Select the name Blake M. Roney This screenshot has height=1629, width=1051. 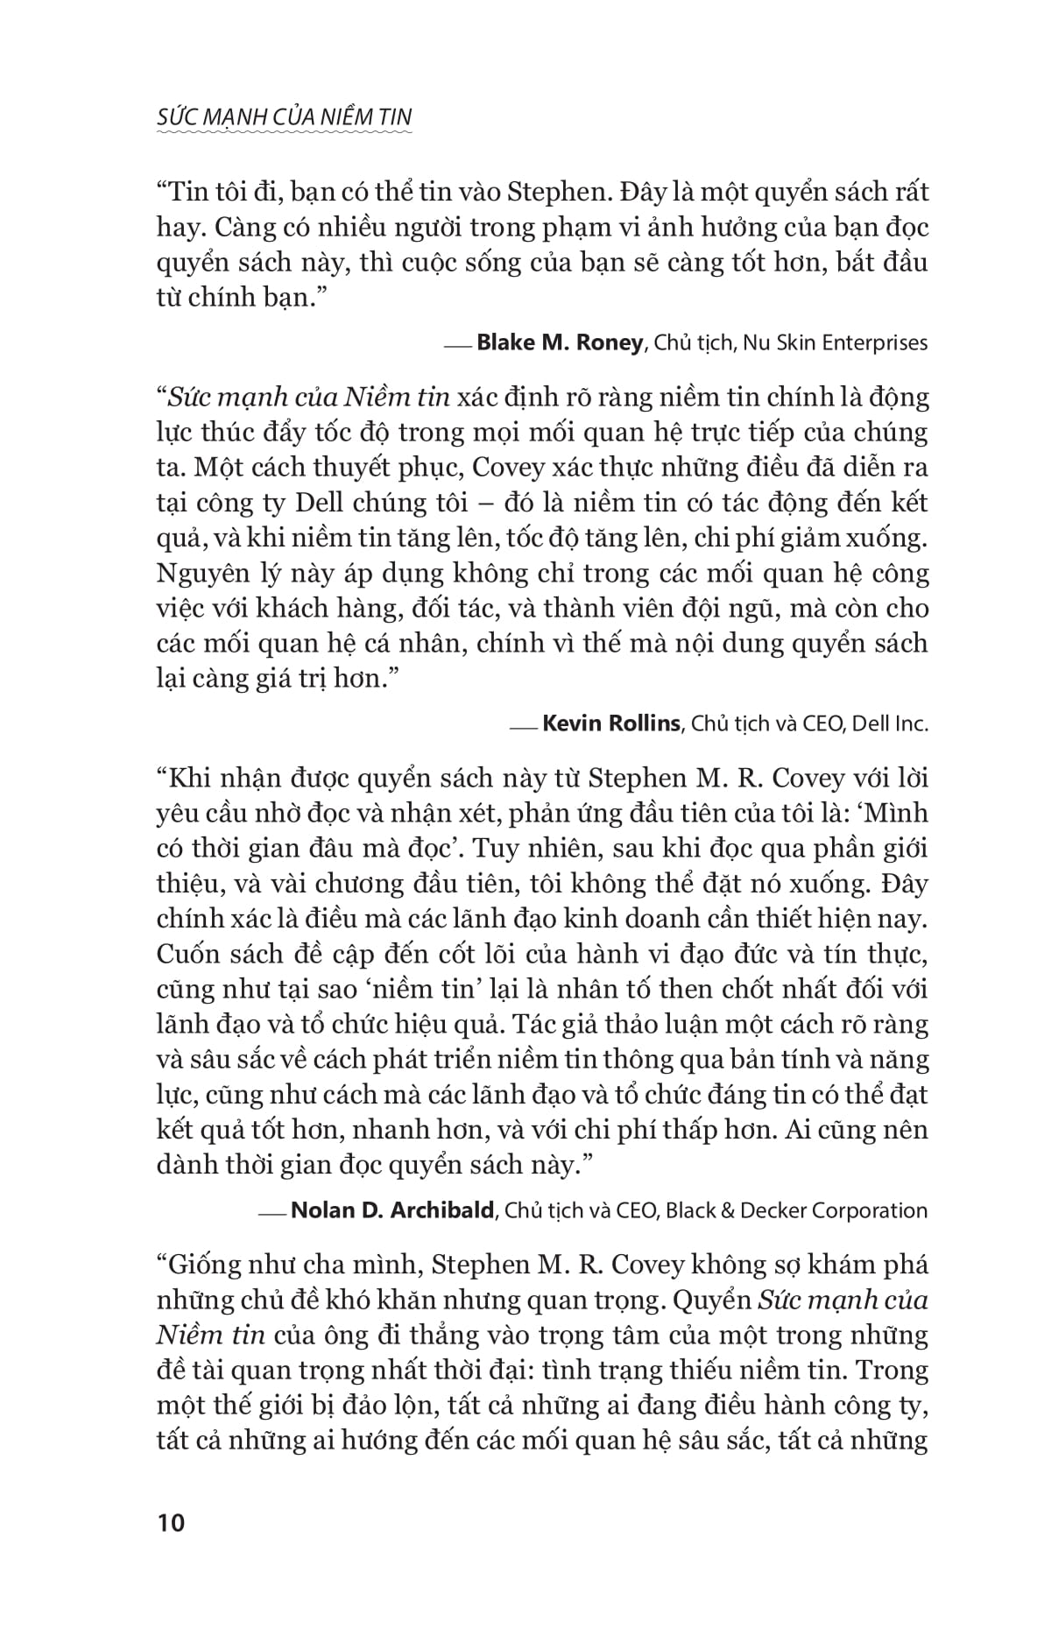[559, 342]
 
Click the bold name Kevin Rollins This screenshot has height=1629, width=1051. [611, 723]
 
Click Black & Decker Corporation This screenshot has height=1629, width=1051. [796, 1210]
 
